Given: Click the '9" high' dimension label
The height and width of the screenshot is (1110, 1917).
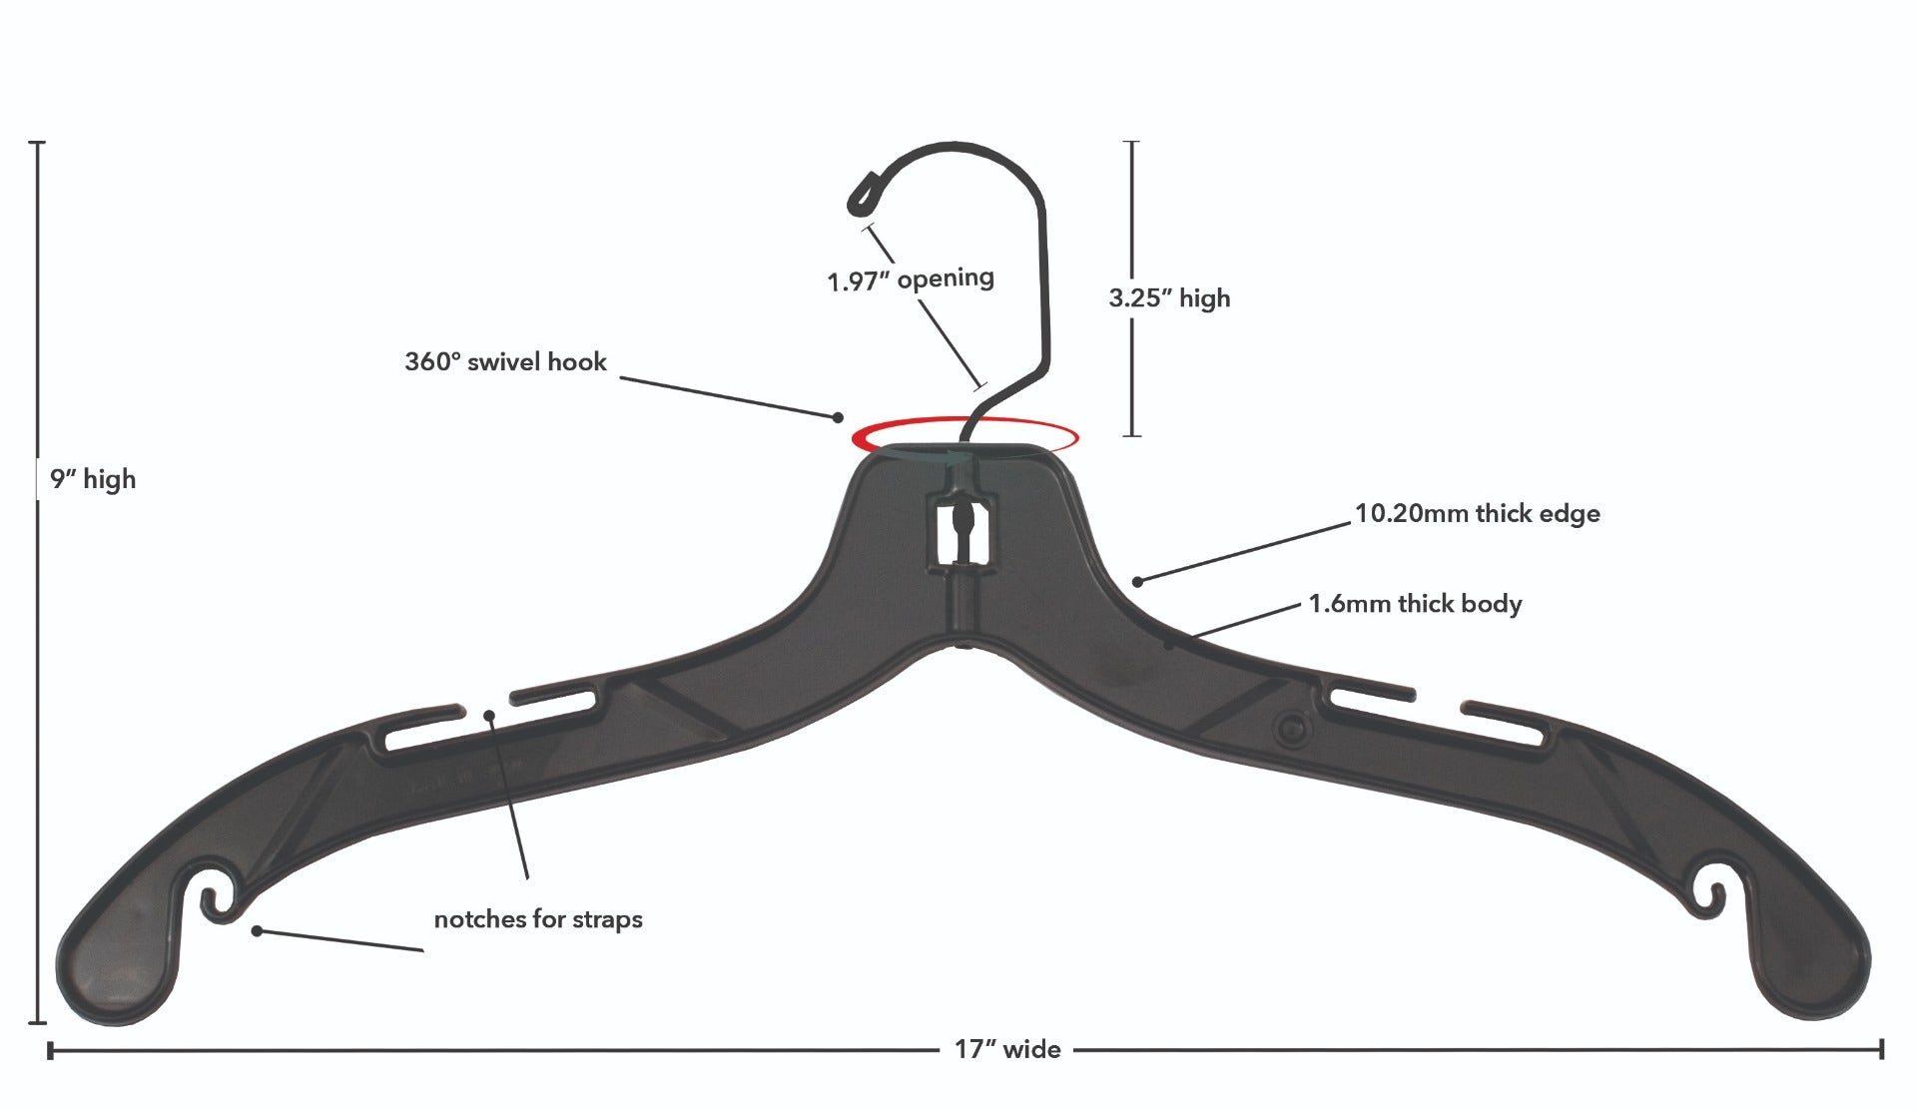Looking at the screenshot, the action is point(93,479).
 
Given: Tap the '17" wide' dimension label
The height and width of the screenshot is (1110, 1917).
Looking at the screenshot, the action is point(1007,1049).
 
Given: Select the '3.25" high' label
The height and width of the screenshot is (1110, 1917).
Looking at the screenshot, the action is point(1169,297).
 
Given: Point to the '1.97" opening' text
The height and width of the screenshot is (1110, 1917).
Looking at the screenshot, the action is point(911,278).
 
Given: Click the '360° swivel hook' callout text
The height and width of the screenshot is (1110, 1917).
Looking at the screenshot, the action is point(505,361).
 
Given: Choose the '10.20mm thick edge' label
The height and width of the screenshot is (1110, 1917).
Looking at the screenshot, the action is point(1477,514).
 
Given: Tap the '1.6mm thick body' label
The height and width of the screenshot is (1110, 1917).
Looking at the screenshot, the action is point(1415,604).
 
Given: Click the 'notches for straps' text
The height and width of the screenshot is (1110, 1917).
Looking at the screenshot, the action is point(538,919).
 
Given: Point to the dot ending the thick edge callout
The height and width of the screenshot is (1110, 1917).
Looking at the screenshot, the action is point(1137,580).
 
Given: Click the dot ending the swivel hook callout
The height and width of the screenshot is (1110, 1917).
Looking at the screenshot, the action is point(839,417).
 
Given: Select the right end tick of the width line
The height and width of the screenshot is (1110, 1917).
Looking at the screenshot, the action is point(1881,1049).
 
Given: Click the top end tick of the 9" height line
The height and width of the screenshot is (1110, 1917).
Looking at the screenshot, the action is point(38,144).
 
